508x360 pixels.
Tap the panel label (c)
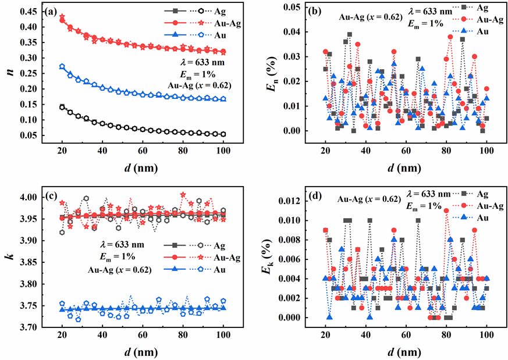(x=51, y=197)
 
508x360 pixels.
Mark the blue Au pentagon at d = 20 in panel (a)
(x=62, y=67)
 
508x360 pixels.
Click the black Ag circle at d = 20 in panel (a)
(x=62, y=107)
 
